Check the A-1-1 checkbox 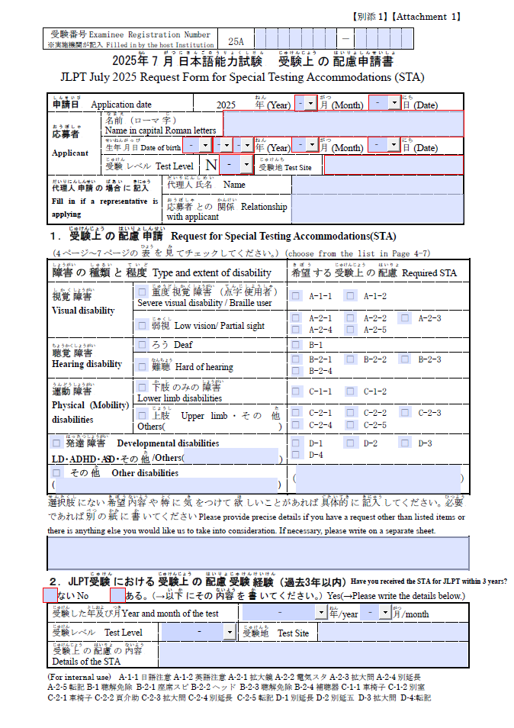point(297,295)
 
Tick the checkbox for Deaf point(143,345)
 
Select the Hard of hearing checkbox point(143,366)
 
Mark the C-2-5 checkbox point(350,425)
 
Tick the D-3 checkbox point(405,443)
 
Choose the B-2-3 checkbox point(405,359)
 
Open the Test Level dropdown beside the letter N point(246,164)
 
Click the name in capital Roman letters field point(343,123)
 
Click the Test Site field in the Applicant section point(394,165)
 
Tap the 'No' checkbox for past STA point(50,594)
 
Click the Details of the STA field point(313,655)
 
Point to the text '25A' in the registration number point(236,40)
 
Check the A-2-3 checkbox point(405,317)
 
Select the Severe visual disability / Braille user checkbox point(143,291)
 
